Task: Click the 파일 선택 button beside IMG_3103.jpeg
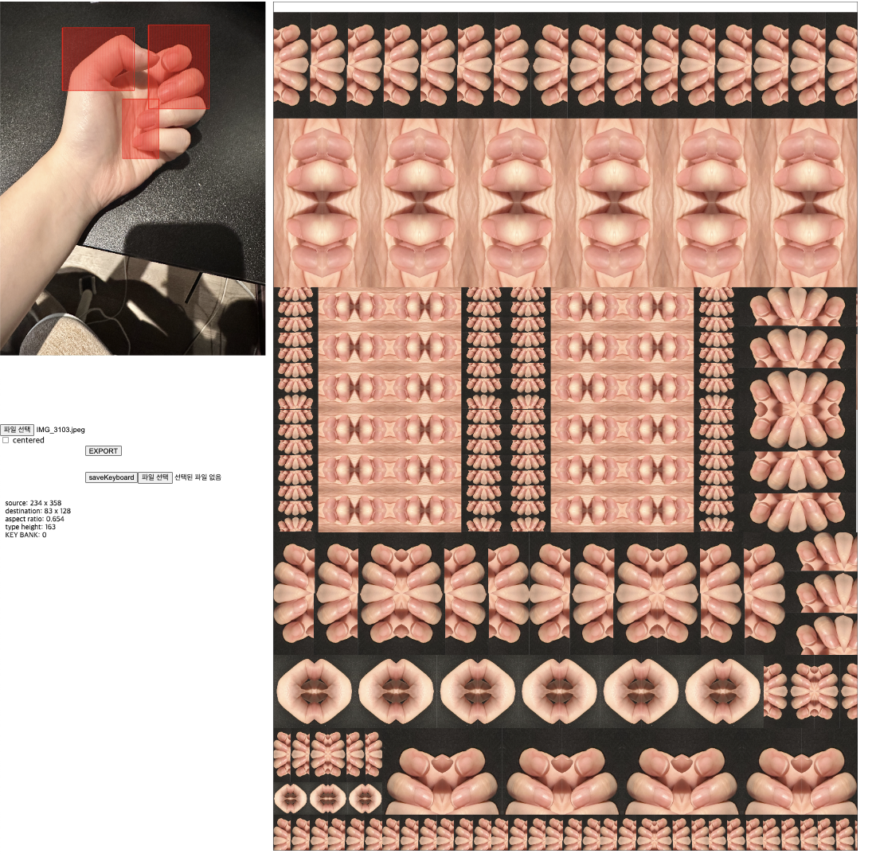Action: (17, 430)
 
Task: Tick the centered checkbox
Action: (6, 440)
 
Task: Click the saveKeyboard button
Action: (111, 477)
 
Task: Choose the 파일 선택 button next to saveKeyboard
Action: (154, 477)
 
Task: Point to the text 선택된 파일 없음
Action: (197, 477)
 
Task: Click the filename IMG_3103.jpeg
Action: (61, 430)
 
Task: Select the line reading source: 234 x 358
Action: (33, 503)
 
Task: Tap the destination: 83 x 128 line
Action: (37, 511)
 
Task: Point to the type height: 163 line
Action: (30, 527)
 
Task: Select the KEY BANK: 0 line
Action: (25, 535)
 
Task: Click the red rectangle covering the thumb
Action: (97, 59)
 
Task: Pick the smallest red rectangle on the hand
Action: (141, 129)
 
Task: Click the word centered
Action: (29, 440)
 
